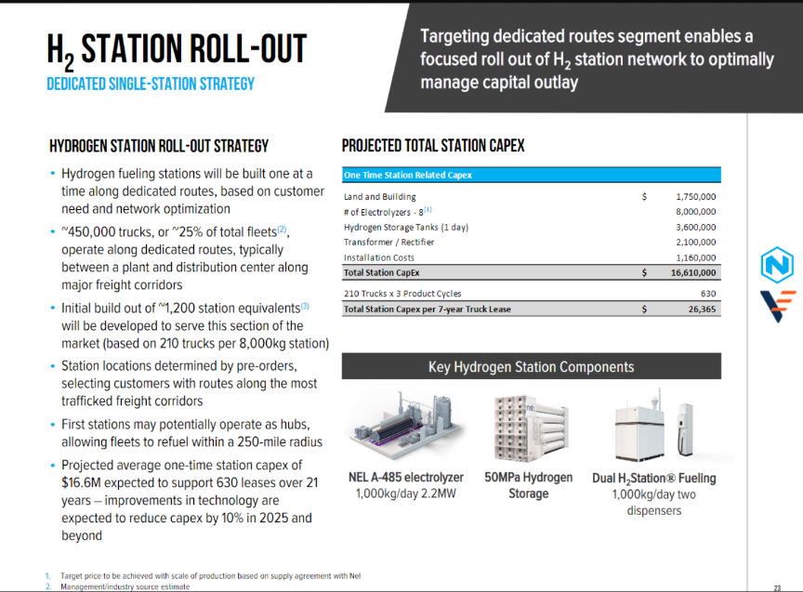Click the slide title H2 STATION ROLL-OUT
tap(177, 52)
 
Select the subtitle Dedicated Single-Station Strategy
tap(151, 85)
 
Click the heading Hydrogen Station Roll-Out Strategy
tap(159, 146)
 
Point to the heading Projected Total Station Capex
tap(433, 146)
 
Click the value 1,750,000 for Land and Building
tap(695, 197)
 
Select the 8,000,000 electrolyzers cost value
tap(695, 212)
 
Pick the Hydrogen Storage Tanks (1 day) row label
tap(401, 227)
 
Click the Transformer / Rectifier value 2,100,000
tap(695, 242)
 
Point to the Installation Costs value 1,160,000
tap(695, 257)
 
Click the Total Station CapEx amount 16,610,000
tap(692, 272)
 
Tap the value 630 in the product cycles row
tap(707, 294)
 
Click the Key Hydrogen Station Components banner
tap(531, 366)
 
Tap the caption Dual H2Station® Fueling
tap(654, 479)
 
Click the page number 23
tap(777, 587)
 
